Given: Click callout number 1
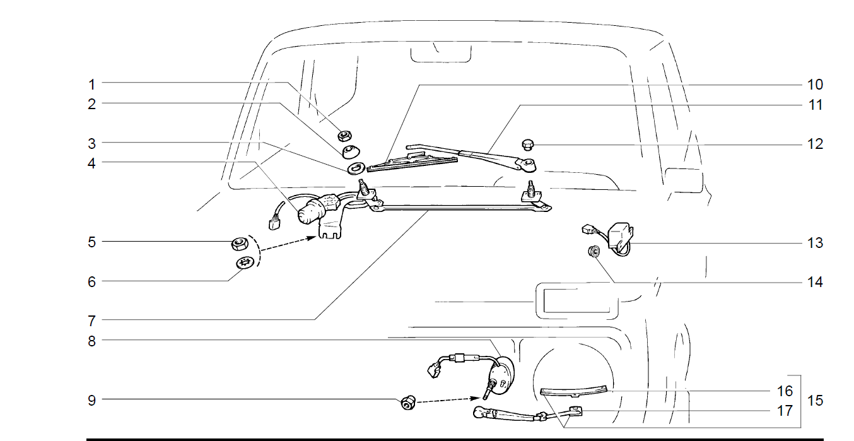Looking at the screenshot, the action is click(x=91, y=85).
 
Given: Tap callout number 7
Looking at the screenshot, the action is click(x=91, y=321).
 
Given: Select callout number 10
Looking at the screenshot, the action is click(x=815, y=85).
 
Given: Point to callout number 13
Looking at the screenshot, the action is click(x=815, y=243).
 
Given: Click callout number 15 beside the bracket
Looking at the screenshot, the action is click(x=815, y=401).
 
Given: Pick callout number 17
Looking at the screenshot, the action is click(x=785, y=411).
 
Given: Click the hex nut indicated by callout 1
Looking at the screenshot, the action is click(x=344, y=136).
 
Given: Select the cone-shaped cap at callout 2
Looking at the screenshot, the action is click(x=351, y=151).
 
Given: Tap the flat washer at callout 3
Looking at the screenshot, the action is click(x=356, y=168).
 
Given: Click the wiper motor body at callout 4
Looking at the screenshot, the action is click(x=313, y=212).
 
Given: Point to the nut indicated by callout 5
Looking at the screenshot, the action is click(x=240, y=244).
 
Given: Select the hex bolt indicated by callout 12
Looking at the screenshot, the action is click(x=528, y=144).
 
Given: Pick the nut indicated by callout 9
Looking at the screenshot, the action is click(x=408, y=403).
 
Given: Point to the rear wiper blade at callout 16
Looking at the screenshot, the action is click(x=574, y=391).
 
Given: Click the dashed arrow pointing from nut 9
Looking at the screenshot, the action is click(x=448, y=400).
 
